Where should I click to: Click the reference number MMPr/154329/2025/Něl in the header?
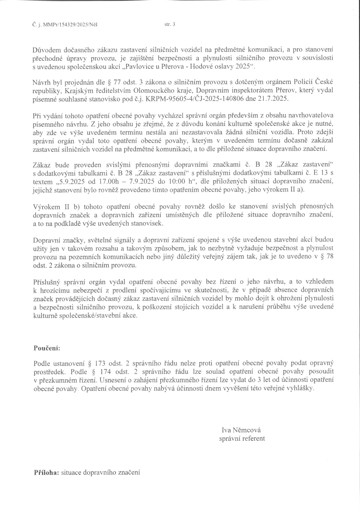point(70,25)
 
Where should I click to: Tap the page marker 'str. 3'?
point(170,25)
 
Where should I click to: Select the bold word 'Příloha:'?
point(47,472)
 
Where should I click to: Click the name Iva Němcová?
point(241,430)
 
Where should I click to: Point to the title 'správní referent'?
point(242,438)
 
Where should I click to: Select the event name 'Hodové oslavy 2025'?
point(228,66)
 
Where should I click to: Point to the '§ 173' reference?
point(96,363)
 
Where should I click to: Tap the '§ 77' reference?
point(114,82)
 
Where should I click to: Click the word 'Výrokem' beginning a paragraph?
point(46,207)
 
